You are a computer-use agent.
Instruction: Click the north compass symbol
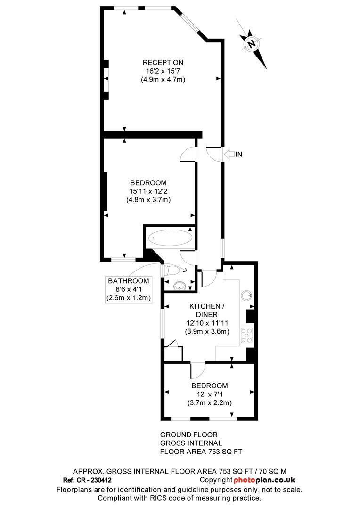(252, 43)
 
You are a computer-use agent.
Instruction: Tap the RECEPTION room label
(163, 62)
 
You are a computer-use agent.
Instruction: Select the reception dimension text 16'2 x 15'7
(163, 71)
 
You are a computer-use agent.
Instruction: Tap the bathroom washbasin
(179, 285)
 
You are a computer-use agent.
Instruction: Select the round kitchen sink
(247, 296)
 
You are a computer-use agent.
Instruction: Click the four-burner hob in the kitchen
(247, 335)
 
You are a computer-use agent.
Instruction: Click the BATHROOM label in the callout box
(129, 281)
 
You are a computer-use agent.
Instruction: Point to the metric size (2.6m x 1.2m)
(129, 298)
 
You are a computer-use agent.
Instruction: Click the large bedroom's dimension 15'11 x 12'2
(148, 191)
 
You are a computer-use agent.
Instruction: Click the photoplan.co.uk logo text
(264, 480)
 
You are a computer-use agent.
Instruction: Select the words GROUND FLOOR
(189, 435)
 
